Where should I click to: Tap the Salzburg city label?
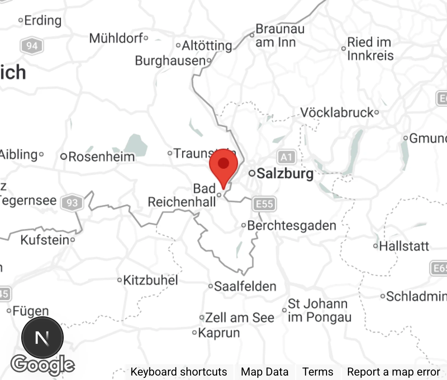(285, 174)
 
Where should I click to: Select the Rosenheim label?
(101, 156)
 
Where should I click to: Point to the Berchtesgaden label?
(291, 225)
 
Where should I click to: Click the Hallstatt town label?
(404, 246)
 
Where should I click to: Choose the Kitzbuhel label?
(150, 280)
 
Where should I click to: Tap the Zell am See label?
(239, 317)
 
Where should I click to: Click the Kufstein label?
(45, 240)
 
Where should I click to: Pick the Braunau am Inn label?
(280, 35)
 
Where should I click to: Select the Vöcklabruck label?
(337, 112)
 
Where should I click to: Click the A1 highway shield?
(286, 157)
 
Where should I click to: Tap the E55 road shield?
(264, 204)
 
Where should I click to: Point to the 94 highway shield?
(32, 46)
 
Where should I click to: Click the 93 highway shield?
(72, 203)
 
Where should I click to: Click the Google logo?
(42, 365)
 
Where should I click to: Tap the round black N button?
(42, 338)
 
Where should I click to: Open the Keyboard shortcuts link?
(178, 372)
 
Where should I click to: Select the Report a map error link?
(393, 372)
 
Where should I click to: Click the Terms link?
(318, 372)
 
